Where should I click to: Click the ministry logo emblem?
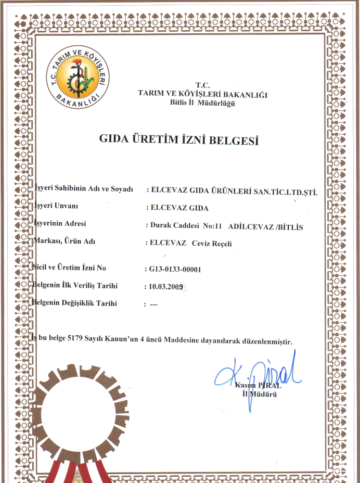[78, 79]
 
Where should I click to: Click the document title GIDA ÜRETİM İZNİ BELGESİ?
[178, 139]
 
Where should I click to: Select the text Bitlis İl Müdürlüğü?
[202, 102]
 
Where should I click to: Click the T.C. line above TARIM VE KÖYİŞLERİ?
[202, 85]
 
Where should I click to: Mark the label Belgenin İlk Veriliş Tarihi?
[75, 285]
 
